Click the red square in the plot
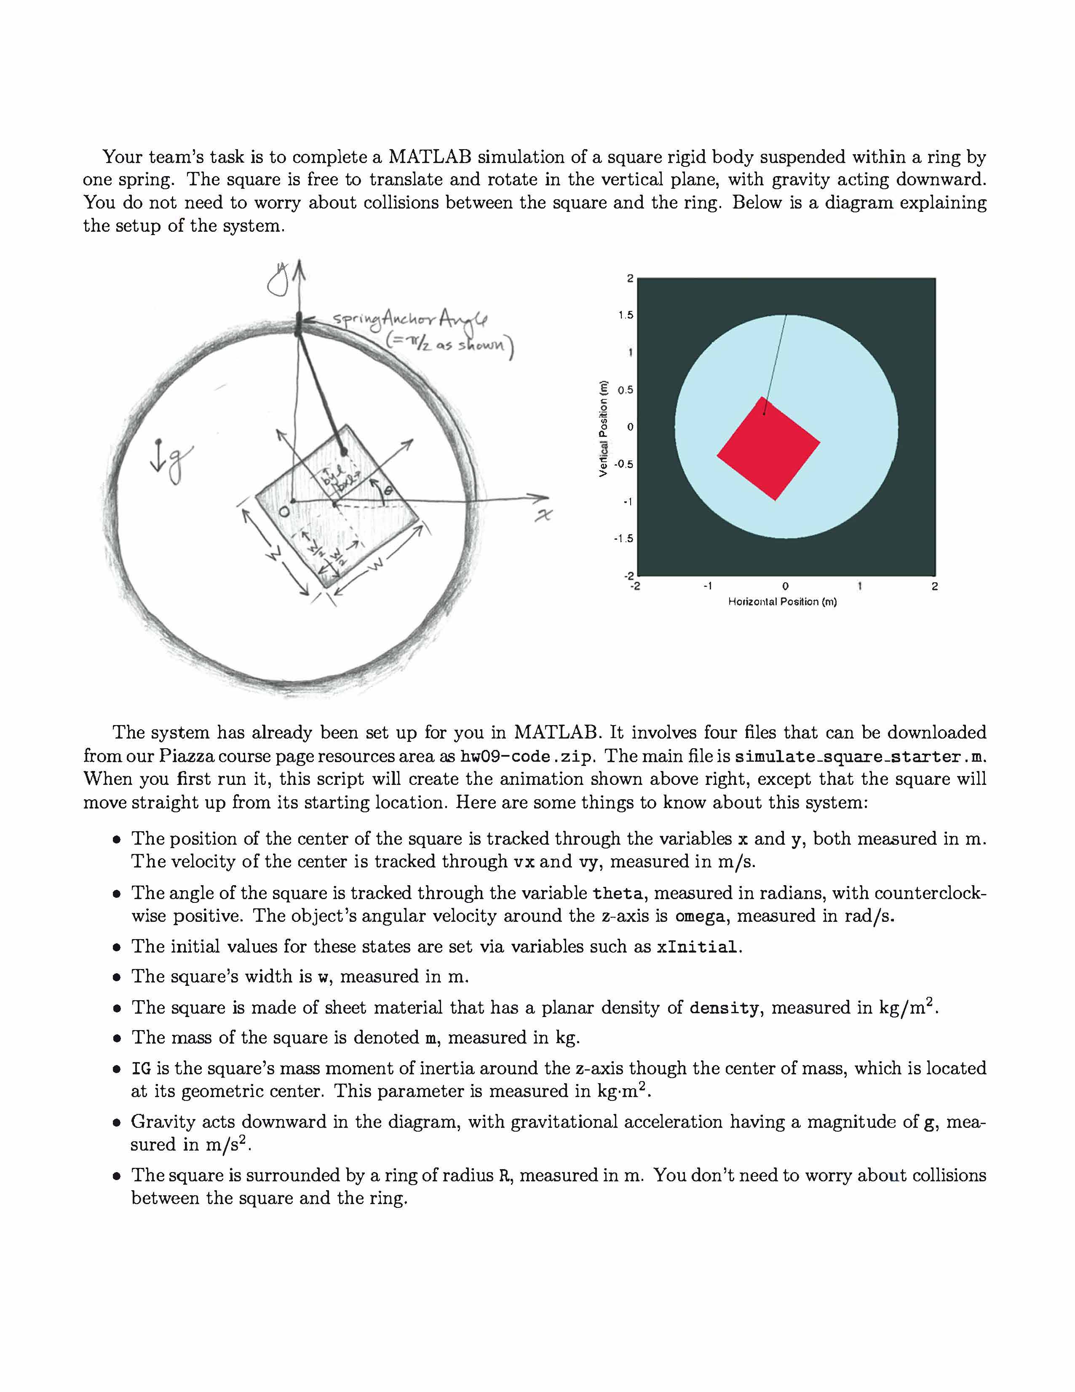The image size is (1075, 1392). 768,449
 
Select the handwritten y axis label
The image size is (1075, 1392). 278,281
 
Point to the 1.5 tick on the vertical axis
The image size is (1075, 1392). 626,315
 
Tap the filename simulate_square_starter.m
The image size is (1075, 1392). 860,757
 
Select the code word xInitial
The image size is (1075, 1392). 698,947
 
